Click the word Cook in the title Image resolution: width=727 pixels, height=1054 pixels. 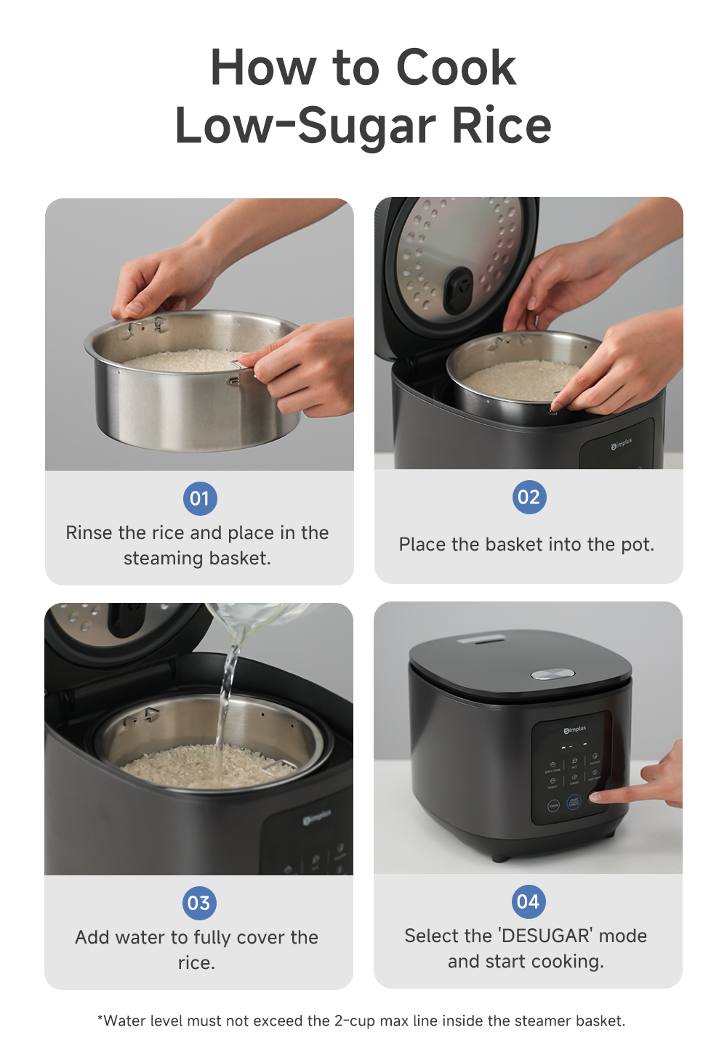[x=456, y=68]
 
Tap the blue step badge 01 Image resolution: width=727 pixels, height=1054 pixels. [x=199, y=498]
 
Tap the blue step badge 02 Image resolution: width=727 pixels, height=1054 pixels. [x=529, y=497]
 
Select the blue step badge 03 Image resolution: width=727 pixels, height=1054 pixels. [x=198, y=903]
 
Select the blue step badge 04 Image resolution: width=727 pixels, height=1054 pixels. [x=528, y=901]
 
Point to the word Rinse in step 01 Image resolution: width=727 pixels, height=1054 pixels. [x=89, y=533]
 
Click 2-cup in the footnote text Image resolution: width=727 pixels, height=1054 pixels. [x=354, y=1021]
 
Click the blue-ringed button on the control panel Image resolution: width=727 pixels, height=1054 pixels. [x=574, y=803]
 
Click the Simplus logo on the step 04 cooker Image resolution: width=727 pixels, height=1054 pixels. [x=574, y=729]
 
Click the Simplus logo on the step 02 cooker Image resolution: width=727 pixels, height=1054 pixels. [x=622, y=444]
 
